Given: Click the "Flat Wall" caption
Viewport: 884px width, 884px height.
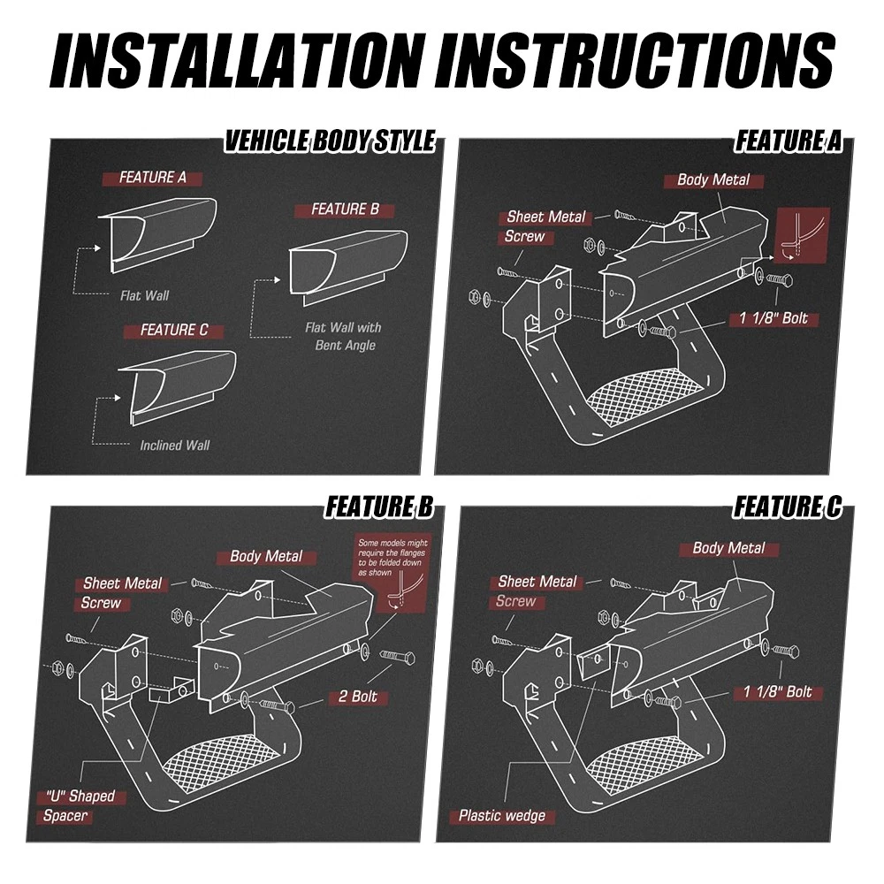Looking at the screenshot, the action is pos(144,295).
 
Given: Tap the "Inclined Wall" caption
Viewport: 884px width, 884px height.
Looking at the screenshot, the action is pos(174,446).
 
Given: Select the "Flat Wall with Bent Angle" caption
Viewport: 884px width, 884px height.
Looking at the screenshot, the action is pos(343,336).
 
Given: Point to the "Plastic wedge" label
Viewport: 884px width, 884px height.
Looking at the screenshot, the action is pos(502,815).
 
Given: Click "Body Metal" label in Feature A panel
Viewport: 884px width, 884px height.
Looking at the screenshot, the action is pos(713,179).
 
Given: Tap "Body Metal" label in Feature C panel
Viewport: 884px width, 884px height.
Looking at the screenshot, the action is pos(728,548).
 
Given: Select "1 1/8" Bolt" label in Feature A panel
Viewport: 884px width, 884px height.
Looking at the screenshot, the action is pos(773,318).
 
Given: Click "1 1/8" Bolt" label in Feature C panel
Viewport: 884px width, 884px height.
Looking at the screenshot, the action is pos(777,692).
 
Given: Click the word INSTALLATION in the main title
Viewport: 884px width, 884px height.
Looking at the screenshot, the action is pos(236,59).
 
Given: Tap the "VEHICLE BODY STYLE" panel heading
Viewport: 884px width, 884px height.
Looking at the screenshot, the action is pos(330,141).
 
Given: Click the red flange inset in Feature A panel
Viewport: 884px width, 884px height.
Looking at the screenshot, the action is pos(803,234).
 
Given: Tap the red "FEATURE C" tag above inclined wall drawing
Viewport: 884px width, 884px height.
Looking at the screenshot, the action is pos(173,331).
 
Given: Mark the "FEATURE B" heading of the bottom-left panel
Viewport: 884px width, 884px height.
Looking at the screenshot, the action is pos(379,507).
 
